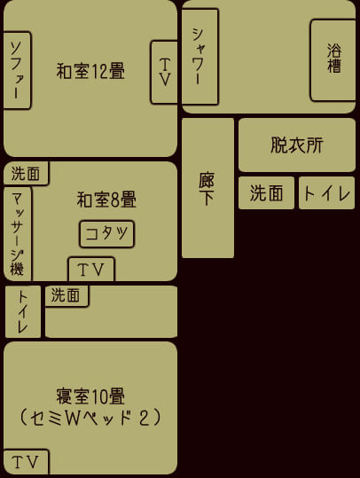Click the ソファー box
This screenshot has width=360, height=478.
click(17, 70)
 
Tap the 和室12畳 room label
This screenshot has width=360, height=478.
click(90, 71)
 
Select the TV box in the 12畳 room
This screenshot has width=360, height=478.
click(164, 72)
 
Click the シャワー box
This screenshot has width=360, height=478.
click(200, 57)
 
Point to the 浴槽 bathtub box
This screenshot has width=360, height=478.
click(333, 60)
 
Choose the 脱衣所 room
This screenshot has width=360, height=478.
click(297, 145)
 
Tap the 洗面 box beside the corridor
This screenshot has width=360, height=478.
click(266, 193)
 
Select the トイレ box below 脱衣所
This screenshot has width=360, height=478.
click(327, 193)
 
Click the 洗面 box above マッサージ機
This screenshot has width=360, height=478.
click(26, 174)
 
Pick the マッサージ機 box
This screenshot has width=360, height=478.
click(18, 233)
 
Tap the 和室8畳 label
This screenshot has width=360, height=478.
click(106, 200)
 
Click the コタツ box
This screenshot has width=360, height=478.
click(106, 234)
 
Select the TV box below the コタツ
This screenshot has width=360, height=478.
click(91, 270)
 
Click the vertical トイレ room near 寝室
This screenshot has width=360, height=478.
click(23, 311)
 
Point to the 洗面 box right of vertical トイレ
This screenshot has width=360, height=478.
click(67, 296)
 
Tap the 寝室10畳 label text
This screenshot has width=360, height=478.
click(90, 396)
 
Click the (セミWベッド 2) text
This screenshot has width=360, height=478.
click(90, 418)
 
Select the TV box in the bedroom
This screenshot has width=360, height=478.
click(26, 461)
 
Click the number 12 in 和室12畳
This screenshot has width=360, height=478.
click(99, 71)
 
